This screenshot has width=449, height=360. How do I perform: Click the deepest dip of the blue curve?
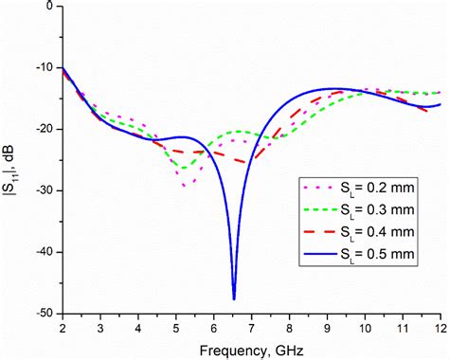pos(234,298)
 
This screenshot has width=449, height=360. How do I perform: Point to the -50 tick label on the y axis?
pos(44,314)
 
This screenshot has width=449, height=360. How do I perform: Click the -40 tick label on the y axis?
pos(44,252)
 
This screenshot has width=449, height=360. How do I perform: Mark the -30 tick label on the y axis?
pos(44,190)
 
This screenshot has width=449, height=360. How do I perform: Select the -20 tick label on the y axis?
pos(44,129)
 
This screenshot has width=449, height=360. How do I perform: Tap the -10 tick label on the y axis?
pos(44,67)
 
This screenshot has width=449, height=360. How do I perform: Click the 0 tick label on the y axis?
pos(49,6)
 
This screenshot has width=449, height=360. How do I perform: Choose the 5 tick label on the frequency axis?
pos(176,327)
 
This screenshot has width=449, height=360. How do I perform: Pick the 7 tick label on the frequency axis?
pos(252,327)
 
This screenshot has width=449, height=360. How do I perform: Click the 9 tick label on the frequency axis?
pos(328,327)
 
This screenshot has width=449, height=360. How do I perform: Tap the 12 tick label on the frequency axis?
pos(440,327)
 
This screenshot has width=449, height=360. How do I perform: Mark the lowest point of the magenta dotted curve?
pos(183,185)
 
